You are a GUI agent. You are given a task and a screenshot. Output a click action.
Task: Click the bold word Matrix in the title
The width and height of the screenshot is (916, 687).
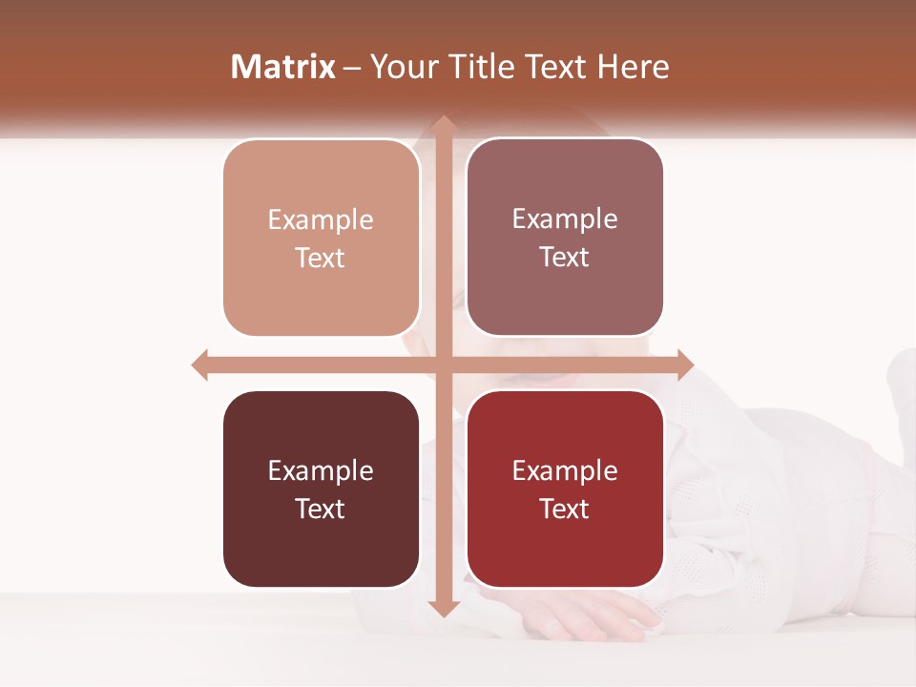pos(283,67)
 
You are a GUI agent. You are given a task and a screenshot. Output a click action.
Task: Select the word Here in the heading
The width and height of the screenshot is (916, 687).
pos(633,67)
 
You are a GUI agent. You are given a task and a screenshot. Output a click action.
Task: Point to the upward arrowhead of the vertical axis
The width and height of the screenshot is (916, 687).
pos(443,125)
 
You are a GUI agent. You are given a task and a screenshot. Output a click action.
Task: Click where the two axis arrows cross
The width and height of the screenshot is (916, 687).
pos(443,364)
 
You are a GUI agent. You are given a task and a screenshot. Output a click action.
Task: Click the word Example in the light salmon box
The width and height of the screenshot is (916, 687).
pos(321,220)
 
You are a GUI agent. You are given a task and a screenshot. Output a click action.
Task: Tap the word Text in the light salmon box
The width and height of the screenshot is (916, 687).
pos(321,259)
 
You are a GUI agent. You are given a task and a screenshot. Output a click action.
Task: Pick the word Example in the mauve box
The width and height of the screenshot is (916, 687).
pos(565,219)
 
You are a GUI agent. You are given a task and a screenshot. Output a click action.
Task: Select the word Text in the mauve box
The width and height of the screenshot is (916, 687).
pos(565,258)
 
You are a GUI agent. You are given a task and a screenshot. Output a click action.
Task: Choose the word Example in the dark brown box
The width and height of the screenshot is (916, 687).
pos(321,471)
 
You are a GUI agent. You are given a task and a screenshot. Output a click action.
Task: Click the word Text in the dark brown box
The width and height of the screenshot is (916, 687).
pos(321,510)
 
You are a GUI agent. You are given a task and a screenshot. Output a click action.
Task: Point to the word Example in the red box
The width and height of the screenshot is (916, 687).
pos(565,471)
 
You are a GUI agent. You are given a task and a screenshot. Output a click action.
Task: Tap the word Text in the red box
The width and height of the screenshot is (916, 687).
pos(565,510)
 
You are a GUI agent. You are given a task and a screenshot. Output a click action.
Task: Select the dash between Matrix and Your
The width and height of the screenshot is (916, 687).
pos(352,68)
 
